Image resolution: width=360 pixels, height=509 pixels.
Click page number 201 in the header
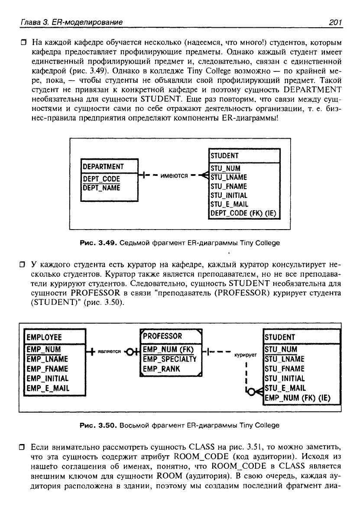click(335, 22)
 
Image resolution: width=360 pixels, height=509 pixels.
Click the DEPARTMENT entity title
click(103, 167)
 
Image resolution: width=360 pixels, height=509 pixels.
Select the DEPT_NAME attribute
click(101, 188)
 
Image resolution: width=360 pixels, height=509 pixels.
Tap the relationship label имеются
click(174, 175)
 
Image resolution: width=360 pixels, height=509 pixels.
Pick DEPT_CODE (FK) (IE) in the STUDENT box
click(243, 213)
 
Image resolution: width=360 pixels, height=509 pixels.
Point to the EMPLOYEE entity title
click(44, 337)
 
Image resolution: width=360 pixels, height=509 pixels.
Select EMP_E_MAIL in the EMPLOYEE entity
click(48, 388)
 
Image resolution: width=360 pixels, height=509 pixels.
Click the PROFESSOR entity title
click(162, 336)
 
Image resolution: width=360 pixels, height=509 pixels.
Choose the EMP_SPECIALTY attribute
click(169, 359)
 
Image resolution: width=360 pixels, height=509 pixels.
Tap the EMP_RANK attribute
click(161, 369)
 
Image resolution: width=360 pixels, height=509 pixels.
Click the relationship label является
click(109, 351)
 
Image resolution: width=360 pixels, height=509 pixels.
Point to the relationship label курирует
click(245, 355)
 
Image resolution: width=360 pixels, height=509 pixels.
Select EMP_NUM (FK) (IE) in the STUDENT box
click(297, 398)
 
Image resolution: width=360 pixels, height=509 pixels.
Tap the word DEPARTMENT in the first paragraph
click(313, 90)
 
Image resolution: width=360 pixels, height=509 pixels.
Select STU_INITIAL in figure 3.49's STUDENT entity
click(229, 195)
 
